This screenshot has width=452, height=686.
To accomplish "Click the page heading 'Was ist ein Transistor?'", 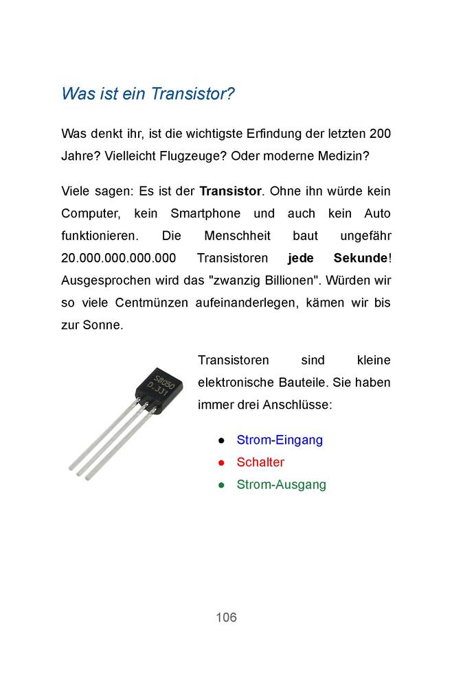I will tap(148, 93).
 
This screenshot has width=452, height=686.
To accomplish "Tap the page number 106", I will tap(226, 617).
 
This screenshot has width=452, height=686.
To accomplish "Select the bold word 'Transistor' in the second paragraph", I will tap(231, 191).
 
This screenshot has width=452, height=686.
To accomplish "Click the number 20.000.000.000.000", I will tap(118, 258).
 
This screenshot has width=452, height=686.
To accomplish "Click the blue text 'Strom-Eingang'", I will tap(280, 440).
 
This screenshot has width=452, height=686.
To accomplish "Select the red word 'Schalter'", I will tap(260, 462).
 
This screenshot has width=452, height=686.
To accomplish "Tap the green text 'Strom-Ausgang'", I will tap(281, 485).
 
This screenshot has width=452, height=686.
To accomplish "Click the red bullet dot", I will tap(221, 463).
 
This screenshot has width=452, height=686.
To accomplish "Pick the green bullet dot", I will tap(221, 486).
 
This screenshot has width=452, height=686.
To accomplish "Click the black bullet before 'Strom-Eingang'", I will tap(221, 440).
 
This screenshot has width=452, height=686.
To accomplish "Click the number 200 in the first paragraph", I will tap(379, 133).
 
